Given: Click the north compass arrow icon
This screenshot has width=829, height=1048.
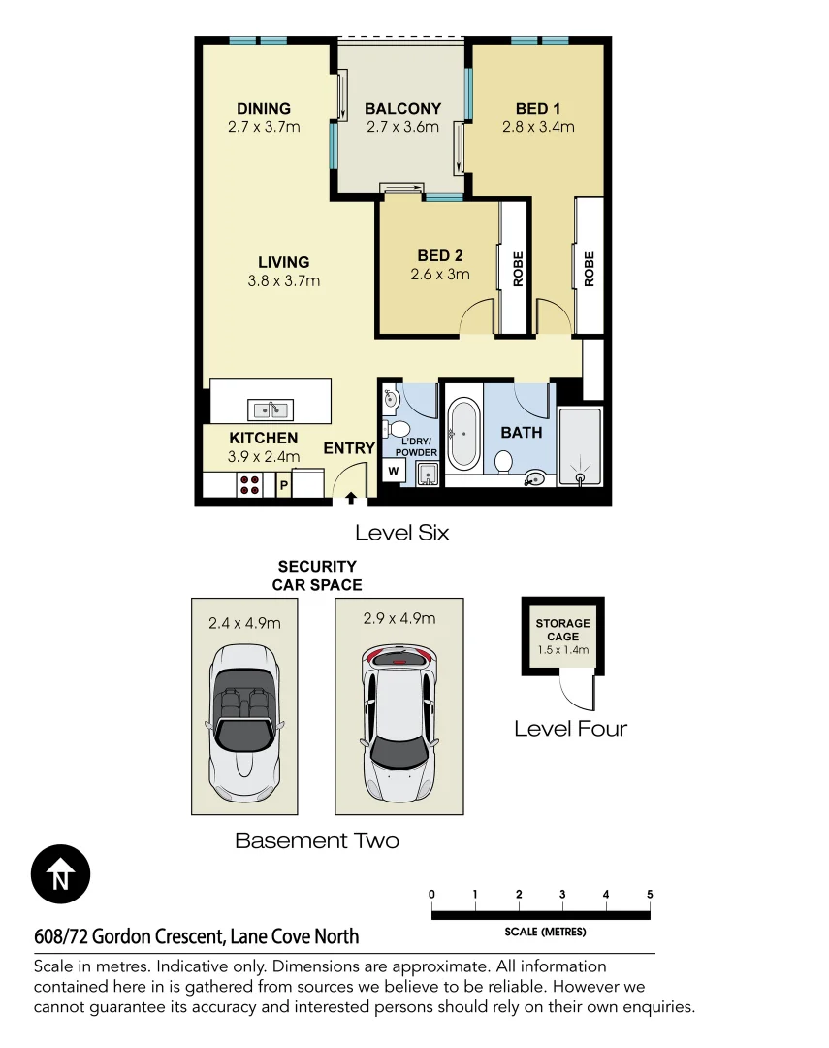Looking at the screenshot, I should [x=60, y=875].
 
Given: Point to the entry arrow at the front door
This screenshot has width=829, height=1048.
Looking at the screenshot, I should [x=350, y=498].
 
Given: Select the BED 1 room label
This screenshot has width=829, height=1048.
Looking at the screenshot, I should [x=538, y=109].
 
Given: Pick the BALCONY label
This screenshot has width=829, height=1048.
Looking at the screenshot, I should [x=402, y=109].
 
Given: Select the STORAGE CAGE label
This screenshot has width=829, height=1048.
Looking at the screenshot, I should [x=562, y=630].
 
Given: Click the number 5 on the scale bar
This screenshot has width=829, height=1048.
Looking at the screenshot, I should [x=650, y=894].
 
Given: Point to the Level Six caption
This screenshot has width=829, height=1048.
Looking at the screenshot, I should [x=401, y=533].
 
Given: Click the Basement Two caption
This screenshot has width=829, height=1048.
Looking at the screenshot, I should [x=317, y=840].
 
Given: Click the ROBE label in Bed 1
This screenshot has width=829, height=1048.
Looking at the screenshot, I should [x=589, y=269].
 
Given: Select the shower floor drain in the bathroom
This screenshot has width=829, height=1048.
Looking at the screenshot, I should [x=581, y=477].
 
